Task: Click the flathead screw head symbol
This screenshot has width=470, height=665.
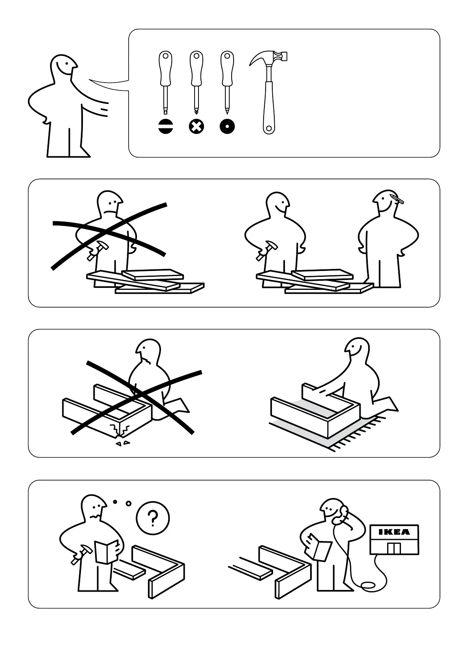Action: coord(166,126)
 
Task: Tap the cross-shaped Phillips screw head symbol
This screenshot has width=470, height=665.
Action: coord(197,126)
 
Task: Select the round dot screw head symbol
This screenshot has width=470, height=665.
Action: coord(227,126)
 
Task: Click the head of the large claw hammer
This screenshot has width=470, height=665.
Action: coord(268,58)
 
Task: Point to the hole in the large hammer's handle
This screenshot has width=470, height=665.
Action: coord(269,129)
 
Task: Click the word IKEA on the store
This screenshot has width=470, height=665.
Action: coord(394,532)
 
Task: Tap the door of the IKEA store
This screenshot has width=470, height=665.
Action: coord(394,549)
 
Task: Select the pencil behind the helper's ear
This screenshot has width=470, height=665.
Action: coord(397,199)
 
